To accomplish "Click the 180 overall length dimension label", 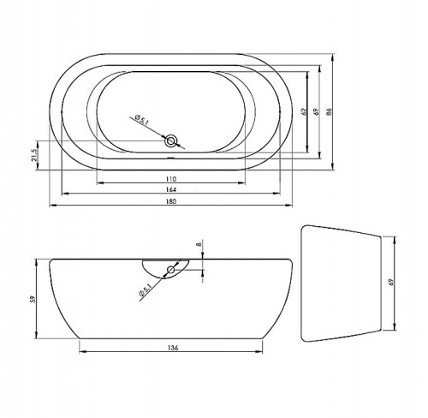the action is click(170, 201).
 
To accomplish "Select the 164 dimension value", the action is click(170, 189).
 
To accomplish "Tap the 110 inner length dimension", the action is click(170, 179).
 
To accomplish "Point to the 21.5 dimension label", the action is click(34, 155).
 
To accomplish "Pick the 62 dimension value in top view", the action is click(303, 111).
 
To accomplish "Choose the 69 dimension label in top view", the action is click(315, 111).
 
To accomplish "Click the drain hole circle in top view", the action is click(171, 141).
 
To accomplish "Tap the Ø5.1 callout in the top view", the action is click(142, 119).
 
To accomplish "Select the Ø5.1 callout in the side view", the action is click(146, 290).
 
